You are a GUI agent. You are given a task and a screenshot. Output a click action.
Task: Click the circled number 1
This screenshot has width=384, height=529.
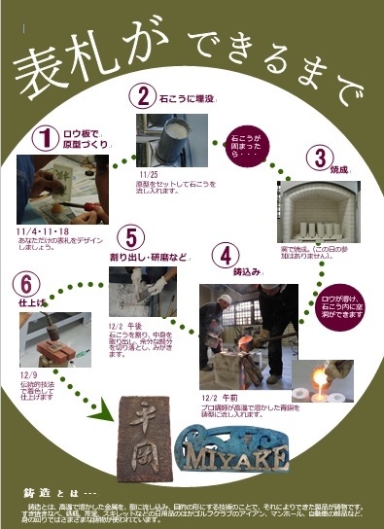(44, 138)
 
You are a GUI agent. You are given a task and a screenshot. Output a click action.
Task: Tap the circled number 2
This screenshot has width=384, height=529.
(143, 96)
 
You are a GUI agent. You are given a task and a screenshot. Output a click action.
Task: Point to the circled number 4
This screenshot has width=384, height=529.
(226, 256)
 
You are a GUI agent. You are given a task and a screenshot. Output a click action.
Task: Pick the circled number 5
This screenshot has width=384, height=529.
(133, 236)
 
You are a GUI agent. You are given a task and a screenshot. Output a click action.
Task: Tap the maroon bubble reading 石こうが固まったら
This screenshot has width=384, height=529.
(246, 141)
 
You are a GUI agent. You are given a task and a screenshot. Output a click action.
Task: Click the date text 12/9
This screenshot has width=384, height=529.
(27, 373)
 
